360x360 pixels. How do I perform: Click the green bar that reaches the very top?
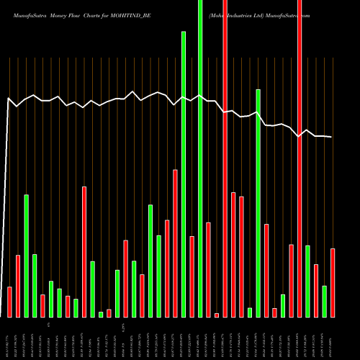point(200,158)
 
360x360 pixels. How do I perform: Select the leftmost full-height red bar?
point(225,158)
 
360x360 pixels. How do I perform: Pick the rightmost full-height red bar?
point(300,158)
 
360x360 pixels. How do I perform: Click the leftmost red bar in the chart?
point(9,302)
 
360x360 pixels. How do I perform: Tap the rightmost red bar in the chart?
point(333,282)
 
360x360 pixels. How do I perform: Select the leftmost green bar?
point(26,256)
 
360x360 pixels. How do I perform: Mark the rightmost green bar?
point(325,301)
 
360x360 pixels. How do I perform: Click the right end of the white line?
point(331,137)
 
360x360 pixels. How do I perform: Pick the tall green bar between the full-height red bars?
point(258,203)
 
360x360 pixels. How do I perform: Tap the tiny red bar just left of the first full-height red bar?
point(217,315)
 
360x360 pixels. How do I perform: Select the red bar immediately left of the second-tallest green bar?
point(175,243)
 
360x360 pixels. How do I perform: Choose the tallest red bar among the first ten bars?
point(84,251)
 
